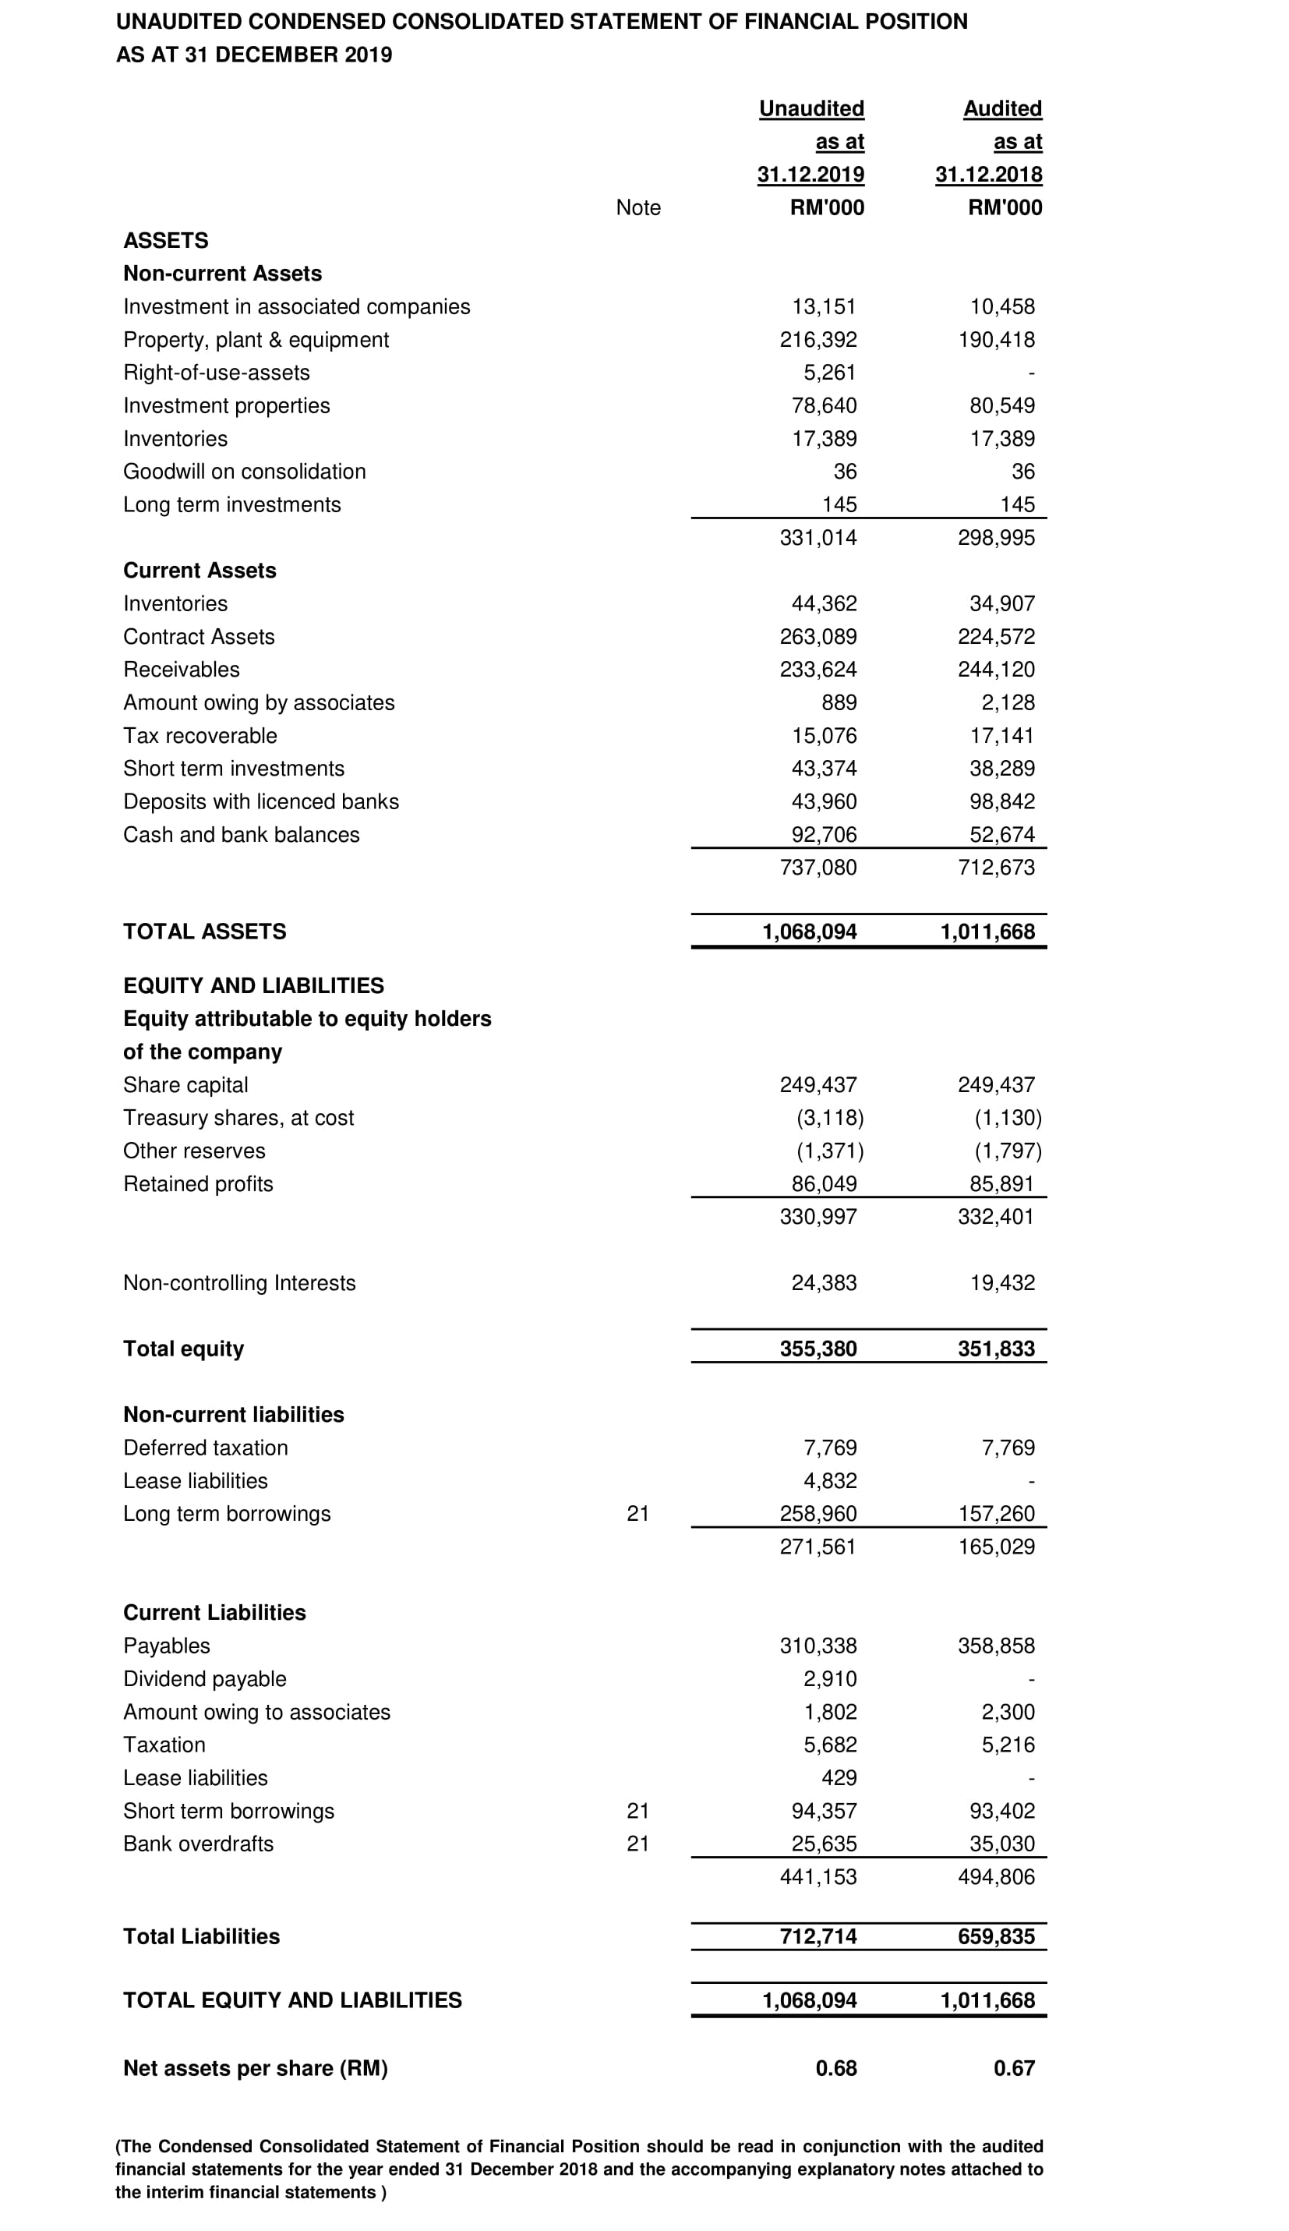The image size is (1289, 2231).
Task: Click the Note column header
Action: (x=637, y=207)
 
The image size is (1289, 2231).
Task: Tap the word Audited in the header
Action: (x=1002, y=108)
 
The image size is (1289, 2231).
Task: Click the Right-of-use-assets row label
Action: (x=216, y=373)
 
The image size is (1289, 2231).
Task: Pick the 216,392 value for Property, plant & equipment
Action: (x=818, y=339)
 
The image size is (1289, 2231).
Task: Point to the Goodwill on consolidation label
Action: (x=245, y=471)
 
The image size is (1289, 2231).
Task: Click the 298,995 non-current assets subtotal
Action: (x=996, y=537)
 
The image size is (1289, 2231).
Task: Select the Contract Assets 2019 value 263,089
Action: (x=818, y=637)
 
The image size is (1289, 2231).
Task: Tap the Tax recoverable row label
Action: (x=200, y=736)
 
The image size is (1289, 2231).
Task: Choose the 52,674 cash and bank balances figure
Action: (x=1002, y=835)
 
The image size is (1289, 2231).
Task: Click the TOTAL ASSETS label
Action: (x=204, y=932)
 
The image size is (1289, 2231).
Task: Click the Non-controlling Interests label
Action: (x=239, y=1283)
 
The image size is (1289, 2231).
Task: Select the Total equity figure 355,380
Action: (x=818, y=1349)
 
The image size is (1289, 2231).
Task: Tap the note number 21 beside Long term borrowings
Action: (x=637, y=1514)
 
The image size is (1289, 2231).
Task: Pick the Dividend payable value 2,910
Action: (x=831, y=1678)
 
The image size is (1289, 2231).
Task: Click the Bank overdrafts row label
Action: (x=198, y=1844)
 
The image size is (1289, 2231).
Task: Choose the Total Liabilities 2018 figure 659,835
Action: (x=996, y=1936)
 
